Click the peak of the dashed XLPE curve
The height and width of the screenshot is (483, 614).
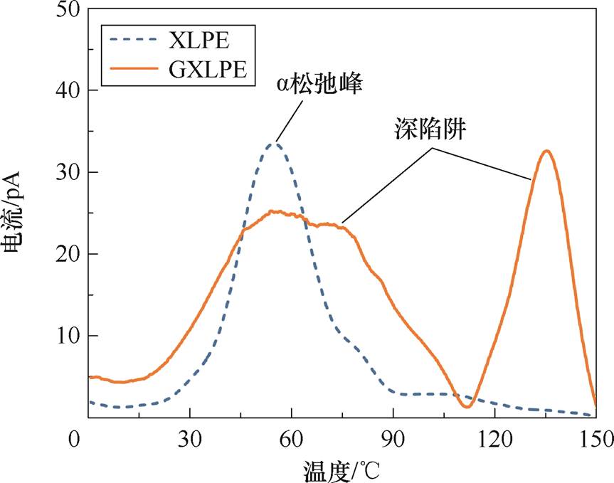click(x=274, y=144)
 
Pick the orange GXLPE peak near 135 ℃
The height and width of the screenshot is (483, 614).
click(x=546, y=151)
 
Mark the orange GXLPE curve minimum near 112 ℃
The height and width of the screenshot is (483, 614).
click(x=467, y=406)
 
